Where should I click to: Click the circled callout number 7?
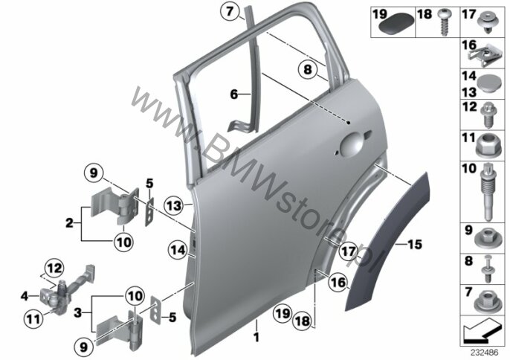pyautogui.click(x=230, y=12)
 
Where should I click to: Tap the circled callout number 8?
pyautogui.click(x=308, y=70)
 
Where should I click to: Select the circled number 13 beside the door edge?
pyautogui.click(x=174, y=206)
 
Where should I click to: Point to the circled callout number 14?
pyautogui.click(x=178, y=250)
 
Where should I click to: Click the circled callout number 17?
pyautogui.click(x=348, y=251)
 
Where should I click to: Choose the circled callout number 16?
pyautogui.click(x=338, y=282)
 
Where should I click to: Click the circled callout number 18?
pyautogui.click(x=302, y=321)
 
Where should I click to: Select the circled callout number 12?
pyautogui.click(x=54, y=269)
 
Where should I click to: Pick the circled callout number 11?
pyautogui.click(x=33, y=319)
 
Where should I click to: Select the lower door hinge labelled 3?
pyautogui.click(x=120, y=329)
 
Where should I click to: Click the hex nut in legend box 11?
pyautogui.click(x=487, y=146)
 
